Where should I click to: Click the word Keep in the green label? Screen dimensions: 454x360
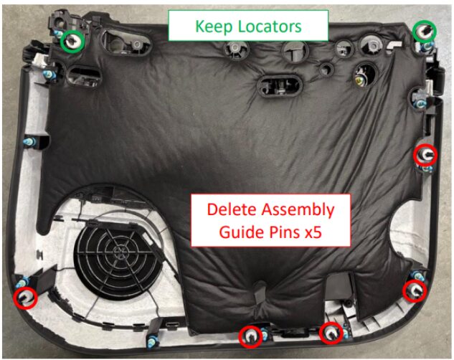[x=214, y=27]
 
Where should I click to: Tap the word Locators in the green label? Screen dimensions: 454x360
[x=270, y=27]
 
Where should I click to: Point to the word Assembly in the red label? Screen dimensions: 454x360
[x=298, y=210]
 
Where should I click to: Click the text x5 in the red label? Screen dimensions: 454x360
[x=313, y=232]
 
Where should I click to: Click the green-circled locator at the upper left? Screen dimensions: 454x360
[x=72, y=42]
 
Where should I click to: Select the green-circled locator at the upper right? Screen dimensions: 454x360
[x=425, y=31]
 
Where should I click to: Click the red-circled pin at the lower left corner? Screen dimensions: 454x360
[x=26, y=298]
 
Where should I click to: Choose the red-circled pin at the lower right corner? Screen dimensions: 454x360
[x=415, y=291]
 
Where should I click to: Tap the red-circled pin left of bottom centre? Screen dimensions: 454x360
[x=251, y=336]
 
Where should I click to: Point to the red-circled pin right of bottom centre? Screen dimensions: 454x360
[x=331, y=333]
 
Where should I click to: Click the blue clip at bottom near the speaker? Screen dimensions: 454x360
[x=152, y=341]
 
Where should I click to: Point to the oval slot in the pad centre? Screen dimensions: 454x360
[x=280, y=85]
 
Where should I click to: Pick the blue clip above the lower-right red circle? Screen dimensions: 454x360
[x=418, y=276]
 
